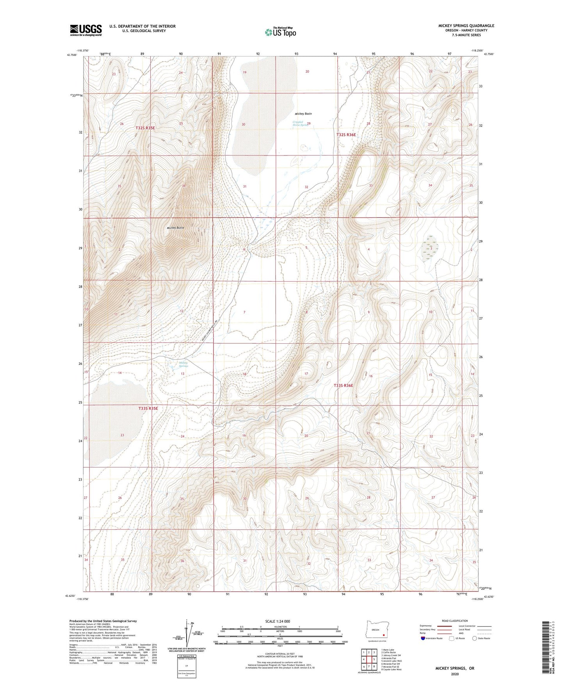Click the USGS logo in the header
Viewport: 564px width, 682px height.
coord(85,30)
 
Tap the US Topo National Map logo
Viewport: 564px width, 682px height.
coord(280,32)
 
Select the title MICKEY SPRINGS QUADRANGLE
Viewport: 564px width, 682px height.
coord(466,26)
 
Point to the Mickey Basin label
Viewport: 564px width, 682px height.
coord(303,114)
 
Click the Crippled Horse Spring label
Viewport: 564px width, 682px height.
coord(300,123)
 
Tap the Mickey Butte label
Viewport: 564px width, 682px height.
coord(175,228)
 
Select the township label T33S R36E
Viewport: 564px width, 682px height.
coord(343,386)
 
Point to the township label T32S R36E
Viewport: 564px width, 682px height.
coord(346,135)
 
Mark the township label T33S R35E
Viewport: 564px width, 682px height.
coord(148,408)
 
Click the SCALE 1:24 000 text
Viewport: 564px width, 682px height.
coord(278,621)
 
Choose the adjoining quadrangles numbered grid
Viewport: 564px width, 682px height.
coord(368,660)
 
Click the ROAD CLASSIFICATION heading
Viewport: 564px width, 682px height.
coord(455,621)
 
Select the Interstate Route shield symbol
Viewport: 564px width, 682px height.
coord(423,638)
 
